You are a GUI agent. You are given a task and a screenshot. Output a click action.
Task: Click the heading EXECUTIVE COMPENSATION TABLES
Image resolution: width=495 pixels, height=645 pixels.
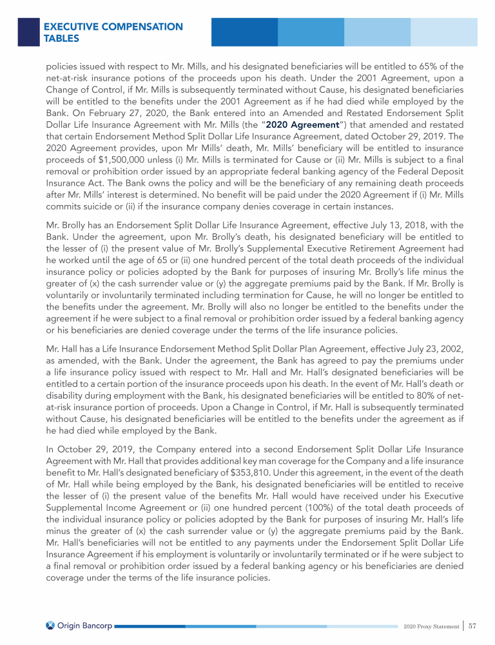[113, 32]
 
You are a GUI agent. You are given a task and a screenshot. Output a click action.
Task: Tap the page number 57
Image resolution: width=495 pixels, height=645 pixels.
[472, 625]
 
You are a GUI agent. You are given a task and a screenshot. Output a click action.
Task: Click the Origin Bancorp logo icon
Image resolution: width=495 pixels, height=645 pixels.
[51, 625]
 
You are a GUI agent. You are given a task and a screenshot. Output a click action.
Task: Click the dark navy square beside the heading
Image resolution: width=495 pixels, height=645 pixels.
[28, 31]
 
